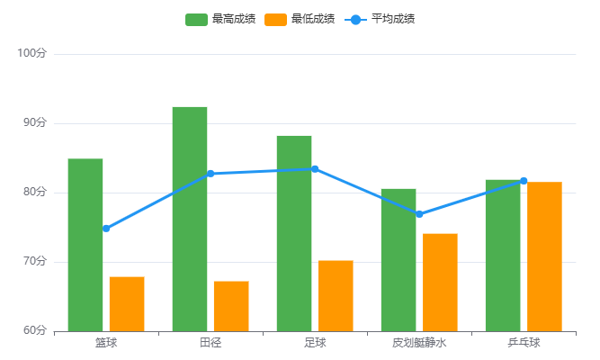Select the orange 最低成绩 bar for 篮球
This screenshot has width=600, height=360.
click(127, 303)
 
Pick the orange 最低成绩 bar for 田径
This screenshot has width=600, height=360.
click(231, 306)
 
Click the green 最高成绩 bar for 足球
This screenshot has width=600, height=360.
click(294, 233)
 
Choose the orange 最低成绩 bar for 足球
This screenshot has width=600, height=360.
click(336, 295)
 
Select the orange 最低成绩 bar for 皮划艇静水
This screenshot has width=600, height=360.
click(440, 282)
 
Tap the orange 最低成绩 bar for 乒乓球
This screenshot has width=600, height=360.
click(544, 256)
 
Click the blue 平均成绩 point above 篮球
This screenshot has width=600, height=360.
click(106, 229)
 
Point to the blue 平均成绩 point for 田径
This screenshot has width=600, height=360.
click(210, 174)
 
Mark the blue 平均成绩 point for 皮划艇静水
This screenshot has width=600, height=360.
click(419, 214)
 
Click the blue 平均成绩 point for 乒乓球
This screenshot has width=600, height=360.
click(524, 181)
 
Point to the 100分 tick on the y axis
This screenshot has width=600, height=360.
click(31, 54)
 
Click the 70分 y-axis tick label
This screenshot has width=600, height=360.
click(33, 262)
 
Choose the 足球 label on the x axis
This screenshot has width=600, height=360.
click(315, 343)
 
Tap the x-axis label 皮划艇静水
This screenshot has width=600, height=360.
click(419, 343)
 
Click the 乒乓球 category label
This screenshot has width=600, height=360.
click(524, 343)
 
